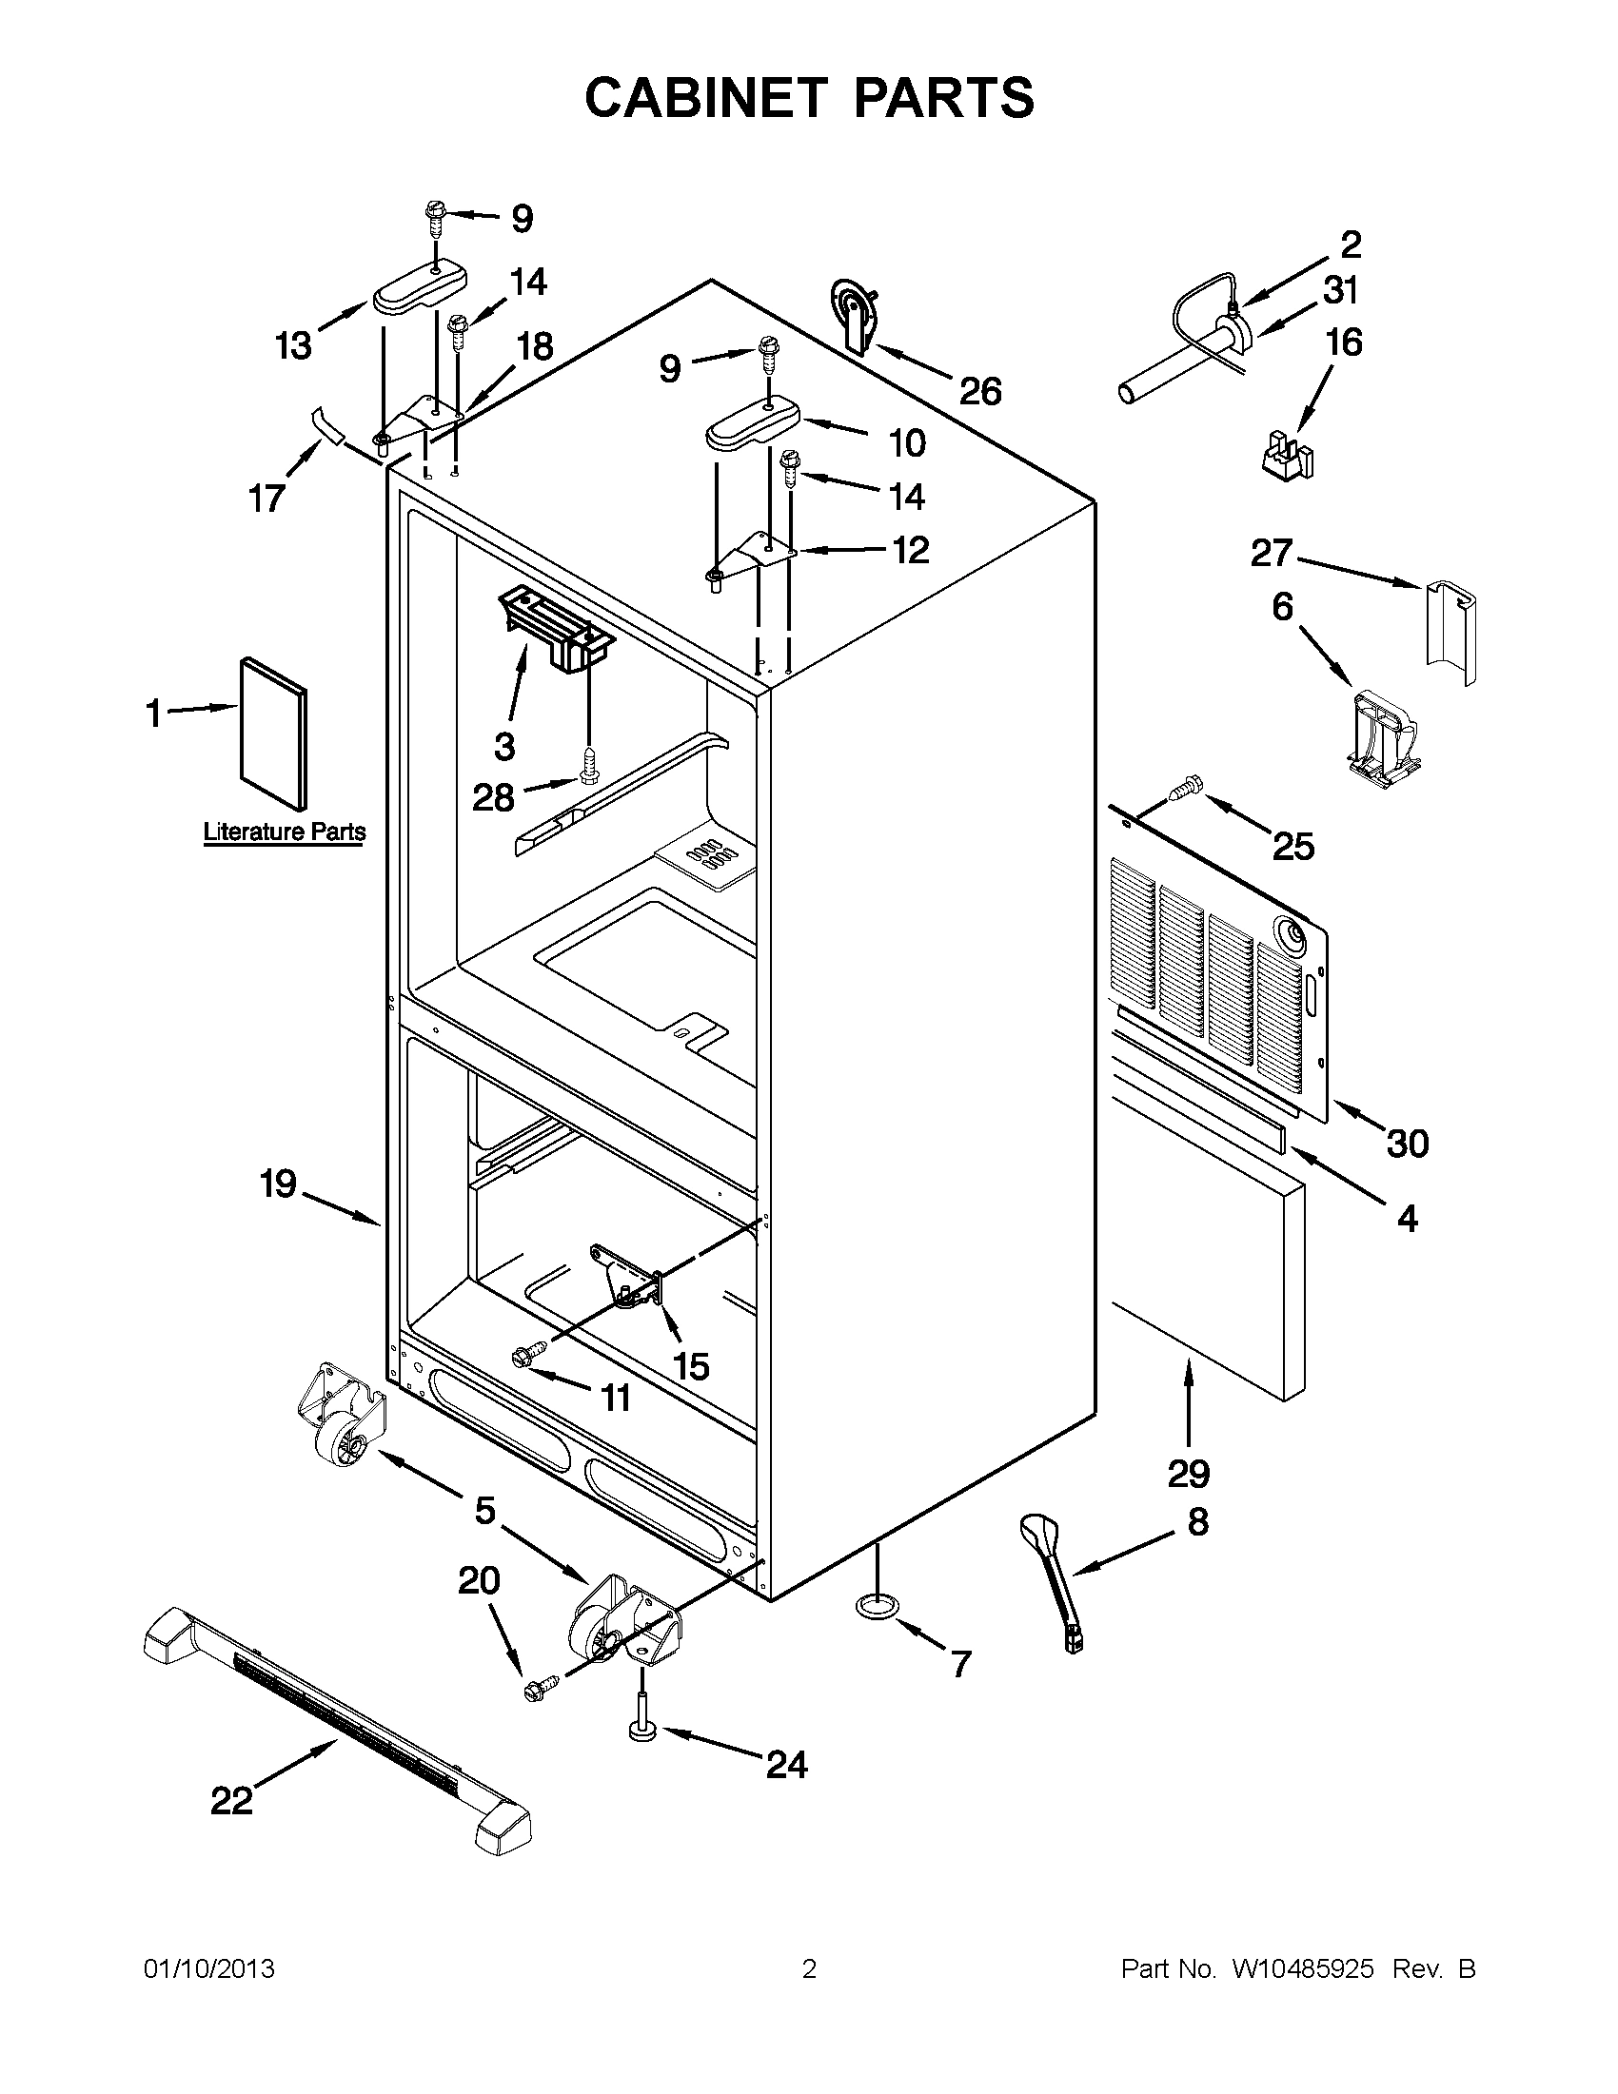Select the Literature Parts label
pos(284,832)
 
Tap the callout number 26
pos(980,391)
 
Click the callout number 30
pos(1407,1143)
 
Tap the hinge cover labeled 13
pos(418,290)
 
